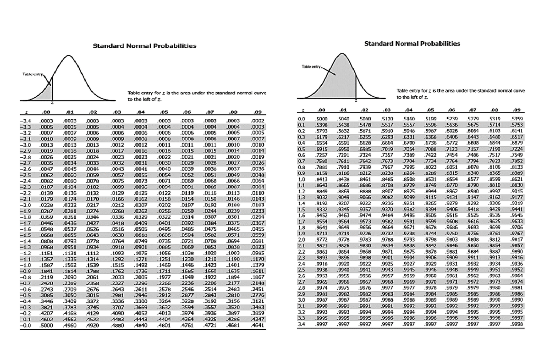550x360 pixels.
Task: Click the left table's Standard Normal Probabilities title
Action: tap(144, 46)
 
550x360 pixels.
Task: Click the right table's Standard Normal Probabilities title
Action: tap(412, 44)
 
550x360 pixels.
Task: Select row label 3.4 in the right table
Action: tap(301, 324)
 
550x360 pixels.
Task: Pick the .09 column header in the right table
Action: tap(517, 110)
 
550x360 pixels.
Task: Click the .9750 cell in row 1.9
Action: tap(451, 233)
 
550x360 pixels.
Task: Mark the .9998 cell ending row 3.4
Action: tap(517, 324)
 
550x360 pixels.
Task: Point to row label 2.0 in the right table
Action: tap(301, 239)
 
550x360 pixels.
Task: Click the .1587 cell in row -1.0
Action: tap(46, 265)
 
